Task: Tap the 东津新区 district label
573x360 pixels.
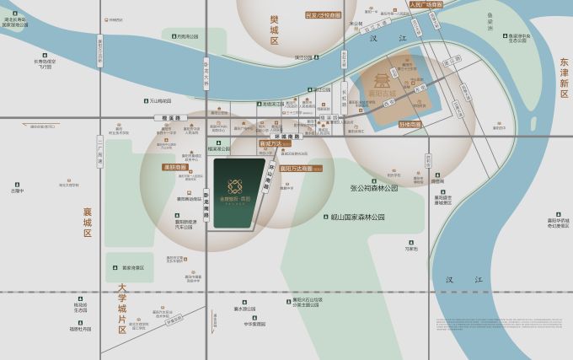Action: (x=564, y=77)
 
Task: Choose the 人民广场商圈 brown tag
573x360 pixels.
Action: (x=426, y=5)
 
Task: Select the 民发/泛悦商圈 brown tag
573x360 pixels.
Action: (x=324, y=14)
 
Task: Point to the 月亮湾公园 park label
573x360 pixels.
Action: (x=186, y=36)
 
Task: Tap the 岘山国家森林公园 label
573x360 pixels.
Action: (x=357, y=217)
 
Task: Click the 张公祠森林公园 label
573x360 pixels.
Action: (x=368, y=188)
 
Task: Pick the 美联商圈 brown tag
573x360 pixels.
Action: (x=176, y=167)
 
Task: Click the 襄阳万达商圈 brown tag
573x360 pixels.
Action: (x=295, y=169)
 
